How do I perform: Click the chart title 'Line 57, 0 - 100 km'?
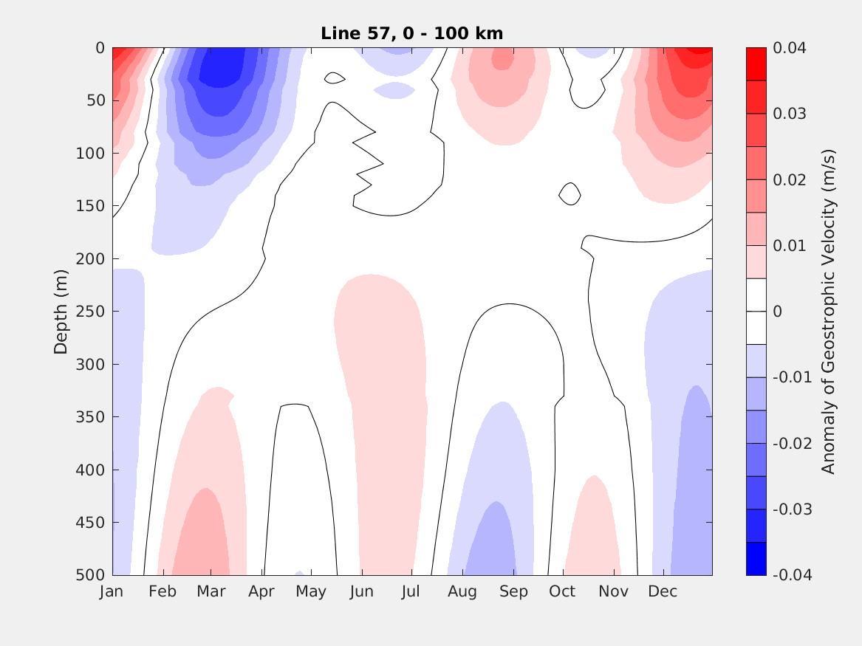point(411,33)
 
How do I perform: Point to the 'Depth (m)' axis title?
point(61,312)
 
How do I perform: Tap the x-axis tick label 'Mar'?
point(211,592)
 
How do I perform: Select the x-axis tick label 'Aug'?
point(462,592)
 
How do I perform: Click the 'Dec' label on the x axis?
point(663,592)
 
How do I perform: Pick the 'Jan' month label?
point(112,592)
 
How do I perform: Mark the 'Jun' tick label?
point(361,592)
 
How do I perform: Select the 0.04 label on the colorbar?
point(790,48)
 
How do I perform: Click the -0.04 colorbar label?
point(792,575)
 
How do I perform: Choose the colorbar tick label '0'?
point(777,312)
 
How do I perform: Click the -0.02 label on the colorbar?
point(792,443)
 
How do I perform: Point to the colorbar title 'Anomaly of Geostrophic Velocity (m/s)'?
point(828,312)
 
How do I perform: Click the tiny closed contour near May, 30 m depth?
point(334,78)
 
